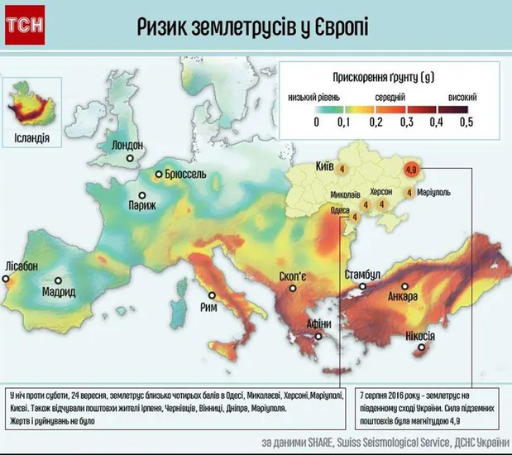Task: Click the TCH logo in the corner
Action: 24,28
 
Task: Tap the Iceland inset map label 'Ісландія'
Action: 32,137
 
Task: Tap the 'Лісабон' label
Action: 21,266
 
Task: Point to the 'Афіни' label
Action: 319,324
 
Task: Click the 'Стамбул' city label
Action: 361,274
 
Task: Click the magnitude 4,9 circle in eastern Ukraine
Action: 411,171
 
